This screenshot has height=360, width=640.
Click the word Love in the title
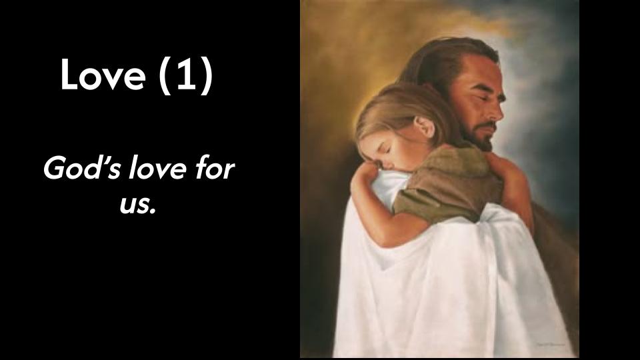point(103,75)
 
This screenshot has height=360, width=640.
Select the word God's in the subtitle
point(81,169)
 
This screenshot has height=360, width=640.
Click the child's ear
point(425,126)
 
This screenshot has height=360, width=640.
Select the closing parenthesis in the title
point(207,76)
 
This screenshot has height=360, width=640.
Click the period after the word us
point(153,211)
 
